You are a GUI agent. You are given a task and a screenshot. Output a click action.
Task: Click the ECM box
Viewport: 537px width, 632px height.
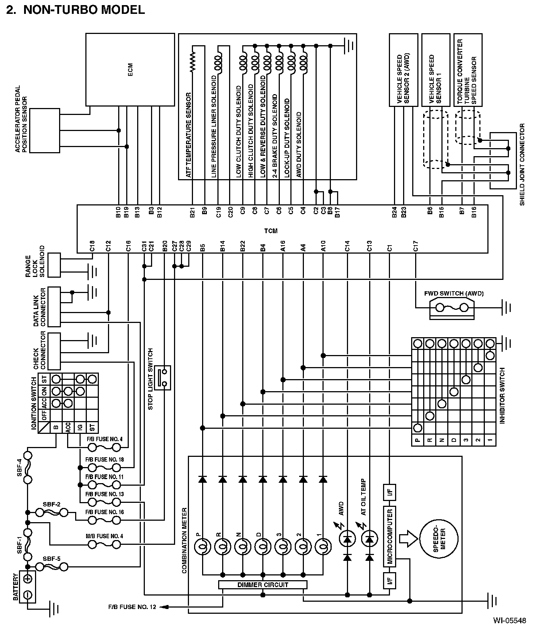130,70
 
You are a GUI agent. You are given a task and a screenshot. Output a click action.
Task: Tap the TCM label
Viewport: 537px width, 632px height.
271,231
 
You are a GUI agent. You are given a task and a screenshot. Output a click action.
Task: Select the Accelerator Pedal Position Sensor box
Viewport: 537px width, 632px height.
45,130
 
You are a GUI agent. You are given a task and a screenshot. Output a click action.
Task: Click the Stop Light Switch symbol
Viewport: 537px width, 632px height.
162,377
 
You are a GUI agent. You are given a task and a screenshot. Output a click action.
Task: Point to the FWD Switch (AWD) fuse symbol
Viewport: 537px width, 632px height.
452,308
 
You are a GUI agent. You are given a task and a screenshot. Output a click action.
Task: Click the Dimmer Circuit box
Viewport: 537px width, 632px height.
263,585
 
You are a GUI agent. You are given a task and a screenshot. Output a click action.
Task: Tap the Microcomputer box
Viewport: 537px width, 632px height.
390,536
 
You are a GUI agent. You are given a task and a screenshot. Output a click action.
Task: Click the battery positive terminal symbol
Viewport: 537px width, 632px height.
27,579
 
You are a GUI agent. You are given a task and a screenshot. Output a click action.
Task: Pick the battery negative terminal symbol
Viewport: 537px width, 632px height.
27,595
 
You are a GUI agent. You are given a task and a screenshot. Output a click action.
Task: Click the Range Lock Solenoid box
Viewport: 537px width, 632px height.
54,265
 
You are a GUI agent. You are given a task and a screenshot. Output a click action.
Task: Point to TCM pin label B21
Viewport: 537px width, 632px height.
192,212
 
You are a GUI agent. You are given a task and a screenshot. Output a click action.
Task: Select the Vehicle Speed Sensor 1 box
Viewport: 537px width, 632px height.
436,70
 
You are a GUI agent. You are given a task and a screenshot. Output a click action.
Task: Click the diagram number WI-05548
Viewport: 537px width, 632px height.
510,620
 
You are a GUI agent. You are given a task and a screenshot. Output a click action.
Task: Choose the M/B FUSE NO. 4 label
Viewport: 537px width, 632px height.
104,536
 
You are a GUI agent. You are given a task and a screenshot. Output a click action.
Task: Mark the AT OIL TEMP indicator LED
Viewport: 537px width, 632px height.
370,539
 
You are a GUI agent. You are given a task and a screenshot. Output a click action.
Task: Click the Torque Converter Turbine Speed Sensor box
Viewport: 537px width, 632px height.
468,70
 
